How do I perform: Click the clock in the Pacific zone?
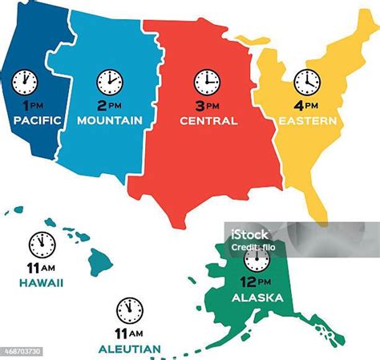25,81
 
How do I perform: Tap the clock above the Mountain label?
110,82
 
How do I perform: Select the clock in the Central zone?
207,82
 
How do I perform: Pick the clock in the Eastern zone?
306,81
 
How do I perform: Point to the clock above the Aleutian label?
129,309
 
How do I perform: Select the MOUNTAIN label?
110,120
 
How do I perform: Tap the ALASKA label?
257,297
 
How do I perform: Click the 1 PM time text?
30,106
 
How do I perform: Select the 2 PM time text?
110,106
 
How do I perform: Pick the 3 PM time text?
207,106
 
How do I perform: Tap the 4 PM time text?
306,106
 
